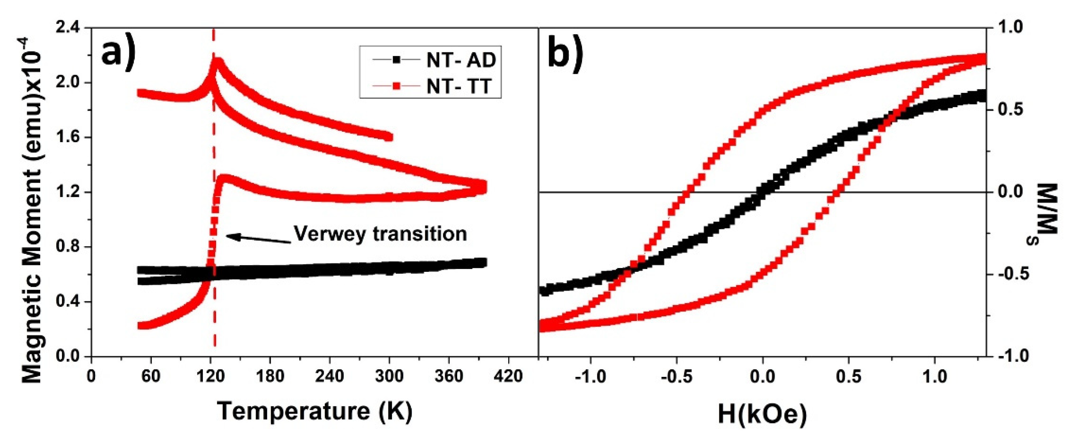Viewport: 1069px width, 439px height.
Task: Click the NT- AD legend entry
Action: (x=431, y=61)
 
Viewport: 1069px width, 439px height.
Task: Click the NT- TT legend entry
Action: (x=431, y=87)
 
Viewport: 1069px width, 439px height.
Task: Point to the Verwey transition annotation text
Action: (x=380, y=234)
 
